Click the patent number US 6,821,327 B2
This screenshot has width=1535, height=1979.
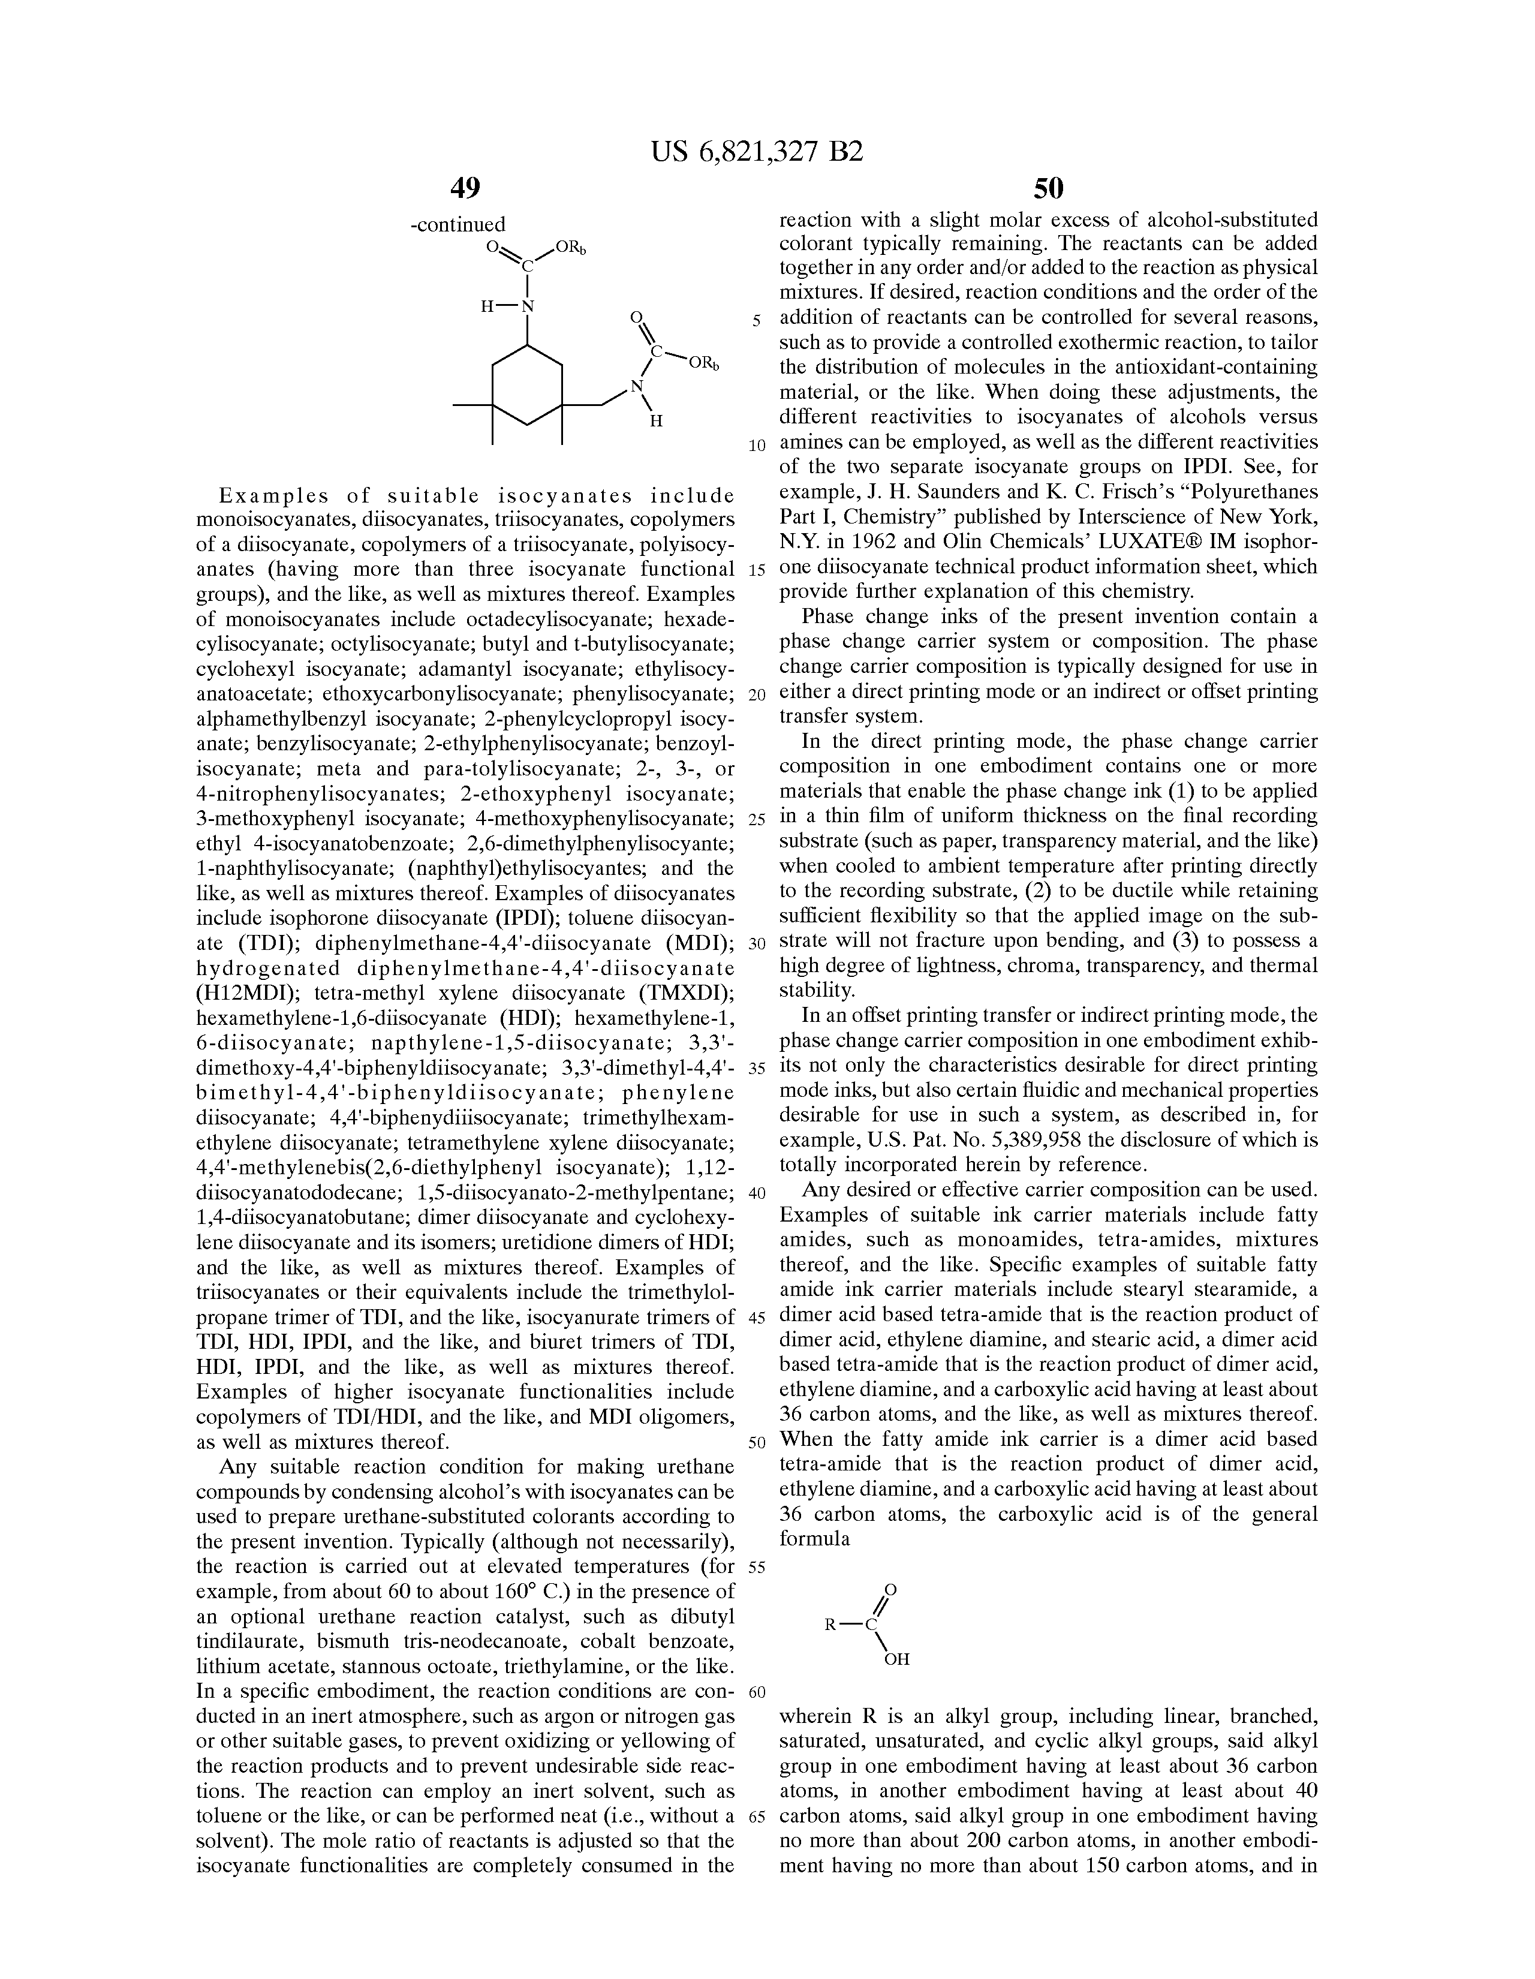click(757, 151)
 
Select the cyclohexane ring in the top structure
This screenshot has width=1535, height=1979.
click(526, 385)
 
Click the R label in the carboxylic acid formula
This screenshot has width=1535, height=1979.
click(830, 1625)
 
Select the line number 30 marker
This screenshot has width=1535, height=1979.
click(757, 944)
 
